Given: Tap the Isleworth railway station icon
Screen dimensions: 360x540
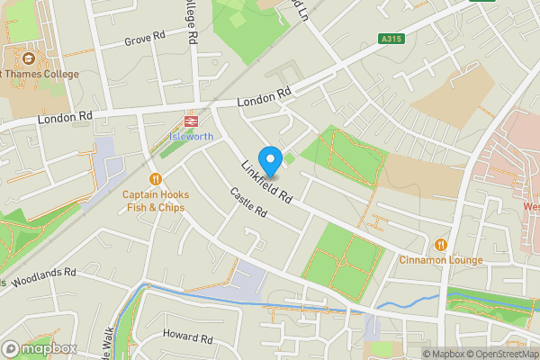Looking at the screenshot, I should pyautogui.click(x=191, y=121).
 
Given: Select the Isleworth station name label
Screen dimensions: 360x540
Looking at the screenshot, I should pyautogui.click(x=192, y=137).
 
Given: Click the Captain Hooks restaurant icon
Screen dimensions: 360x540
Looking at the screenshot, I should pyautogui.click(x=157, y=178).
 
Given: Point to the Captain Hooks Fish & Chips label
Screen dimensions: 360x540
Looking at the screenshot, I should pyautogui.click(x=155, y=200).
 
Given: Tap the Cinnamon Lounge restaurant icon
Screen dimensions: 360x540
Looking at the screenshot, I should pyautogui.click(x=441, y=245).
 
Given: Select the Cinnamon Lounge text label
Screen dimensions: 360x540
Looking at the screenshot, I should pyautogui.click(x=441, y=260).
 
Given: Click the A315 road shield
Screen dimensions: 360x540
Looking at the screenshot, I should pyautogui.click(x=390, y=39).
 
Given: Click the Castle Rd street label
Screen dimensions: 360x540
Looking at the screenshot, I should pyautogui.click(x=249, y=202).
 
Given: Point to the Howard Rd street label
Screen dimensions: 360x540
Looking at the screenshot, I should pyautogui.click(x=187, y=338).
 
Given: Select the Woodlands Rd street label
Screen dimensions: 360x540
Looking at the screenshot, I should pyautogui.click(x=43, y=274).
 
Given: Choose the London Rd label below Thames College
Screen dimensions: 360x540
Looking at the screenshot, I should pyautogui.click(x=66, y=117).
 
